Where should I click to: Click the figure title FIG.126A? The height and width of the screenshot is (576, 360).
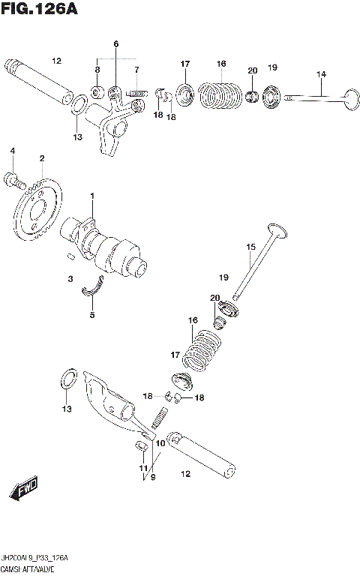pos(40,10)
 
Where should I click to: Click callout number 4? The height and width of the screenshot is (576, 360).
pos(12,152)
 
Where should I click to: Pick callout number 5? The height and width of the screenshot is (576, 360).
pos(92,315)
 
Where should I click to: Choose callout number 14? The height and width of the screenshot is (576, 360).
pos(321,73)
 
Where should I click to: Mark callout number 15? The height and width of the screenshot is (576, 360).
pos(251,246)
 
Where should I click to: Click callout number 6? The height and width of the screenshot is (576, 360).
pos(116,44)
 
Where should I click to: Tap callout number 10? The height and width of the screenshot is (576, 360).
pos(158,443)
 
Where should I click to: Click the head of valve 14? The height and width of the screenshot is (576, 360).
pos(349,96)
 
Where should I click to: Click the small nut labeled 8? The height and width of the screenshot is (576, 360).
pos(97,92)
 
